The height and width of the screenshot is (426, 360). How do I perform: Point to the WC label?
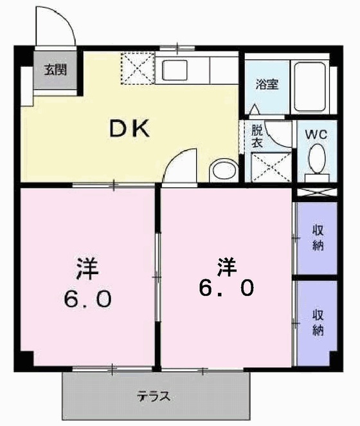click(x=316, y=134)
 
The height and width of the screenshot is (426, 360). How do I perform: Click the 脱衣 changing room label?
click(x=257, y=137)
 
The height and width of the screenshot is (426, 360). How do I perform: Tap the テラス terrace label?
click(x=154, y=396)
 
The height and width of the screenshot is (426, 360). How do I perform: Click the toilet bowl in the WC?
click(x=316, y=159)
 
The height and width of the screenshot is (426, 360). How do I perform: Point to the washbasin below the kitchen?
click(x=223, y=170)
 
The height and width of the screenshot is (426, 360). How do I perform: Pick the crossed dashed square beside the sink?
click(x=136, y=69)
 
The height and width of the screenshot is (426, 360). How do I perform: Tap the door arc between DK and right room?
click(x=179, y=166)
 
